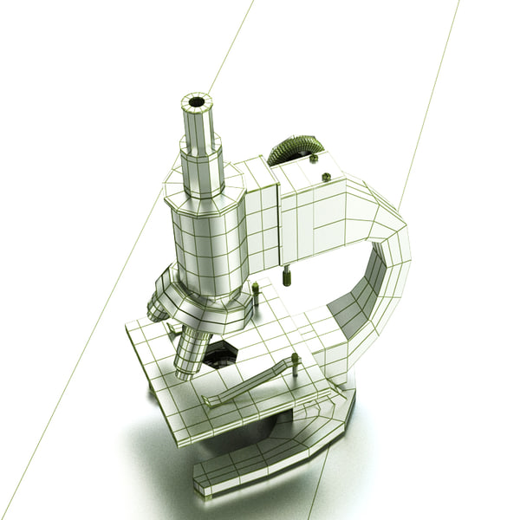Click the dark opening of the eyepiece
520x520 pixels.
(197, 102)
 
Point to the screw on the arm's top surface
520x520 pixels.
(327, 178)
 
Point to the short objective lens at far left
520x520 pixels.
(159, 305)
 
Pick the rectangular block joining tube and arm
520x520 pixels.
(261, 217)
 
